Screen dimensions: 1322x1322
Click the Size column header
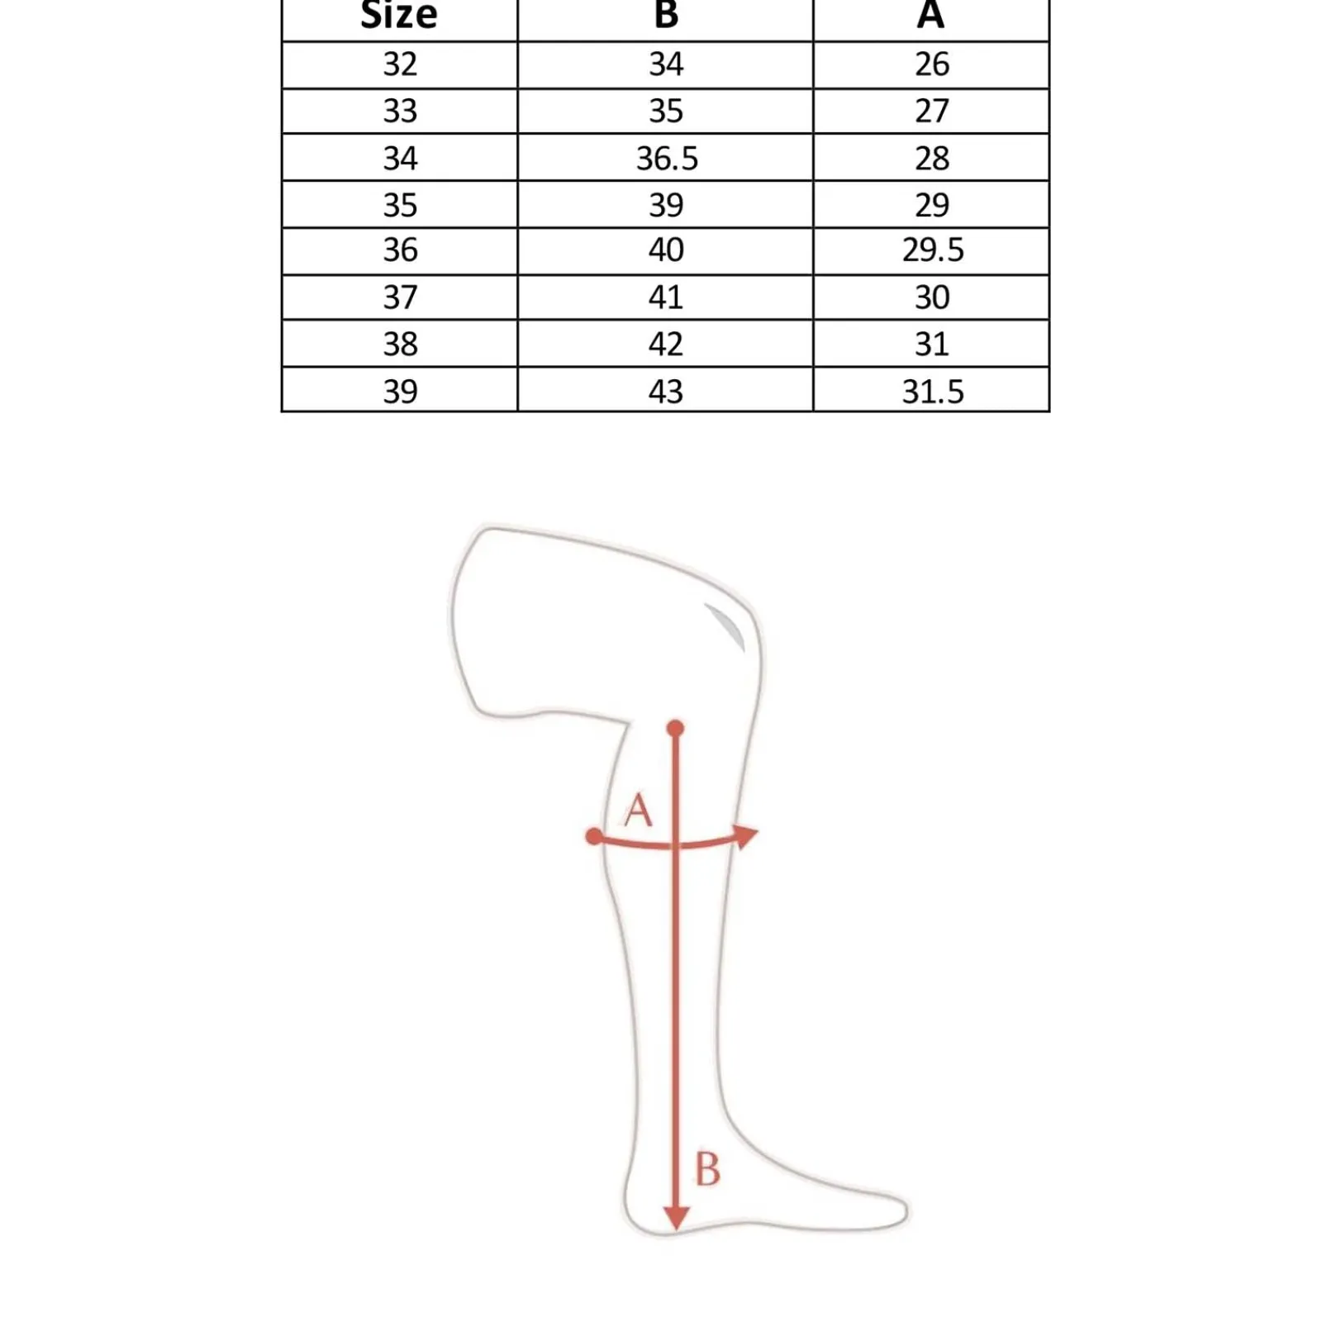(x=399, y=15)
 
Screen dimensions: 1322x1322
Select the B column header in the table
(x=666, y=14)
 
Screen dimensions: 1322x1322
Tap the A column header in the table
(x=930, y=14)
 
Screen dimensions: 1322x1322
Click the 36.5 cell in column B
(x=667, y=158)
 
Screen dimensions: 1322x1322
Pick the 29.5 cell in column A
(x=933, y=250)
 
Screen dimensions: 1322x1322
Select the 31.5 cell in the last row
(x=933, y=391)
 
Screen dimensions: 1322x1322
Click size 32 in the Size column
(x=400, y=64)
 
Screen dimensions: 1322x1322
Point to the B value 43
(x=666, y=391)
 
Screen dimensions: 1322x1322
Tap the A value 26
(x=932, y=64)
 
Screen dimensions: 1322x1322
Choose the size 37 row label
(x=400, y=297)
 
